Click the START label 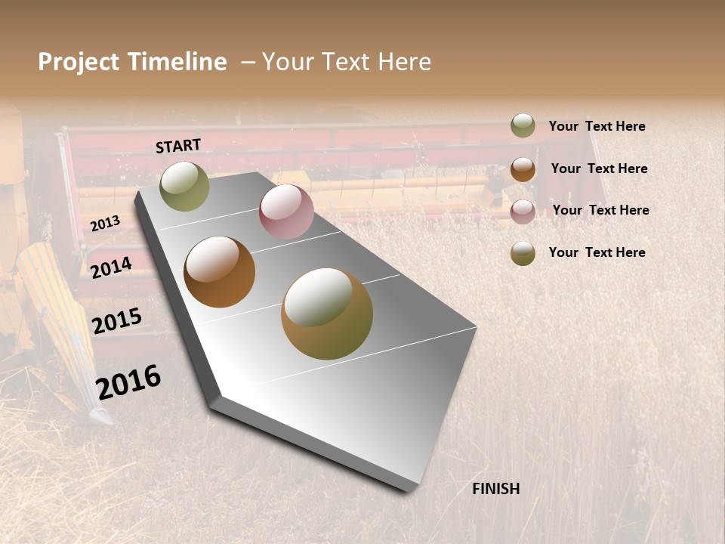tap(178, 146)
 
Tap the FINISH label tap(496, 489)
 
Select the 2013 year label tap(105, 223)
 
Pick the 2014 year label tap(112, 267)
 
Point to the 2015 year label tap(117, 321)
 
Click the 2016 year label tap(128, 382)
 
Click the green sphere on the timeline tap(184, 186)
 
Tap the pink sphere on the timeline tap(286, 212)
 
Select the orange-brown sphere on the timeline tap(219, 272)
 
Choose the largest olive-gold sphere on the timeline tap(327, 314)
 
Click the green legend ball tap(523, 125)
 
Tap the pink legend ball tap(523, 211)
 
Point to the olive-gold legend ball tap(523, 253)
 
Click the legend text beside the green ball tap(597, 126)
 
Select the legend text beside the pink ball tap(600, 210)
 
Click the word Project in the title tap(79, 62)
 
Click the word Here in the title tap(404, 62)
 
